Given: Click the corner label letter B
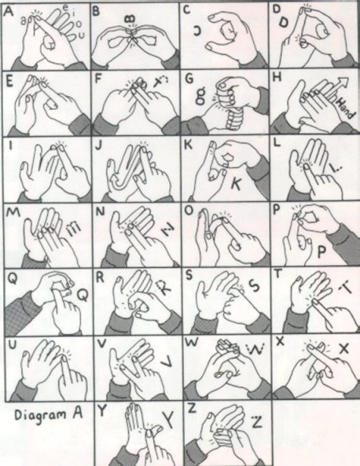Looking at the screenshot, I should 96,10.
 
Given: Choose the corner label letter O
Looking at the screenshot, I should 186,211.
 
